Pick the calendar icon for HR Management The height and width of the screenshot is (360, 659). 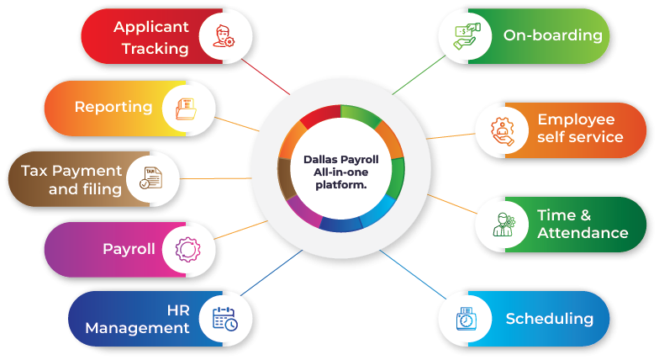(x=224, y=318)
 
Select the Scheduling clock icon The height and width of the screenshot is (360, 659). (x=466, y=319)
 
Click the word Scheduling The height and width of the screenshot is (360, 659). (x=549, y=319)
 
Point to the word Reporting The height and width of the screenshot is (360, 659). (x=113, y=107)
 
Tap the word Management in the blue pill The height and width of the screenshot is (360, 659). (x=137, y=328)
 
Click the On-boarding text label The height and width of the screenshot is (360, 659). (x=552, y=35)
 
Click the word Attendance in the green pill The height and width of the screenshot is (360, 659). (x=583, y=233)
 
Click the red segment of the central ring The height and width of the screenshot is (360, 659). (x=319, y=116)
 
